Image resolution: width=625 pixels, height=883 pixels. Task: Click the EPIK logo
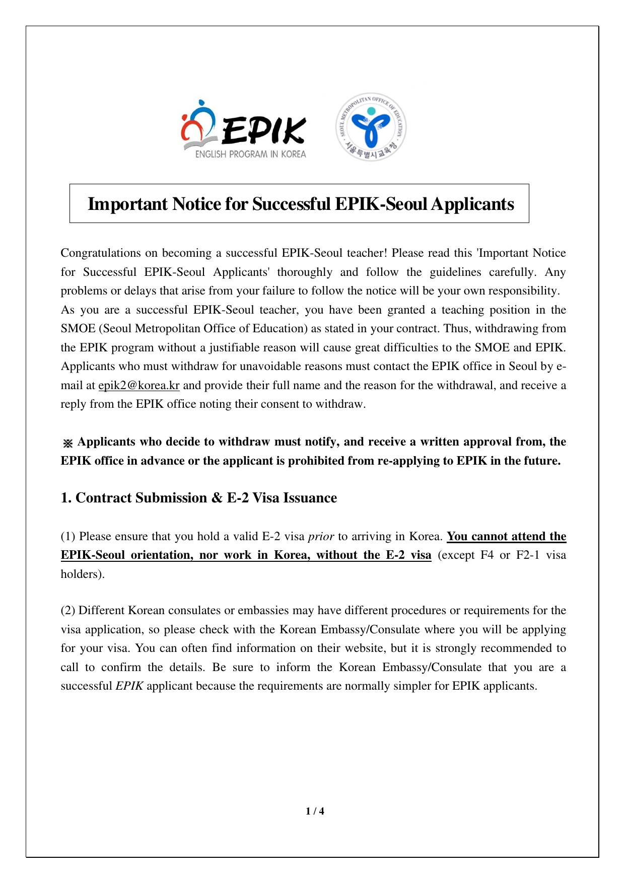(244, 129)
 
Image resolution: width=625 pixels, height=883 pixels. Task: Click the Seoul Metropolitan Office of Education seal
(371, 127)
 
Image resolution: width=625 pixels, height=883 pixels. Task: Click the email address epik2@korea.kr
(138, 386)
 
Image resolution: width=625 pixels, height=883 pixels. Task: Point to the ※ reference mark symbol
(67, 443)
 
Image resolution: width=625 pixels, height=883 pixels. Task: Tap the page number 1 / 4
(315, 811)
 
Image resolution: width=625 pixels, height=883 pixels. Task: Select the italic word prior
(321, 537)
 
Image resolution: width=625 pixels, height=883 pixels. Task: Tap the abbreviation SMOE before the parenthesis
(78, 329)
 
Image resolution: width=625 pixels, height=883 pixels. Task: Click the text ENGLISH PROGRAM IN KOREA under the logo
(250, 155)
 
